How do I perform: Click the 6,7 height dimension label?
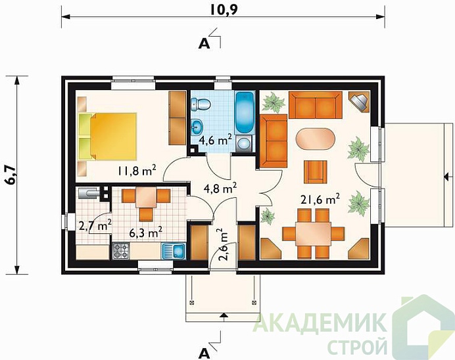coord(11,175)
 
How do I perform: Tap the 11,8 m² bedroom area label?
coord(136,171)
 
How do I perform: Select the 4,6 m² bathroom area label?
coord(213,139)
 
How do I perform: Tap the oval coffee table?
coord(316,139)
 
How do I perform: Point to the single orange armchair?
coord(315,170)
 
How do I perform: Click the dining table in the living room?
coord(314,233)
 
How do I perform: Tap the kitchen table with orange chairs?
coord(146,198)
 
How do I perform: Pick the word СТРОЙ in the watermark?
coord(356,345)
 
